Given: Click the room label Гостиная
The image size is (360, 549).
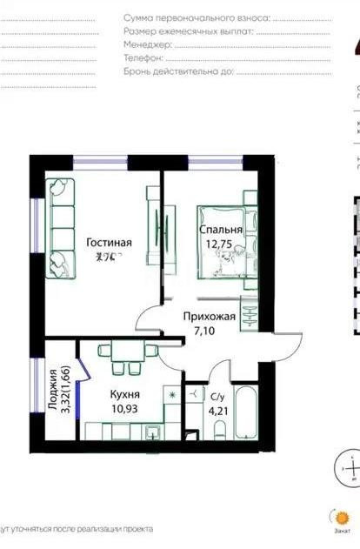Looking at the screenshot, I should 110,242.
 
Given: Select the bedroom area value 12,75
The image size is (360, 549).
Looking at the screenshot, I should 220,244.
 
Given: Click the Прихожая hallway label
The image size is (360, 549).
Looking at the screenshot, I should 209,318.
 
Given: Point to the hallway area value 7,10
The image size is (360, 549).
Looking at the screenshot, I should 209,331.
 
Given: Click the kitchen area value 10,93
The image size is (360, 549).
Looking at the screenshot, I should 125,407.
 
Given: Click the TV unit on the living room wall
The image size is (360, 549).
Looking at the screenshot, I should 155,231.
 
